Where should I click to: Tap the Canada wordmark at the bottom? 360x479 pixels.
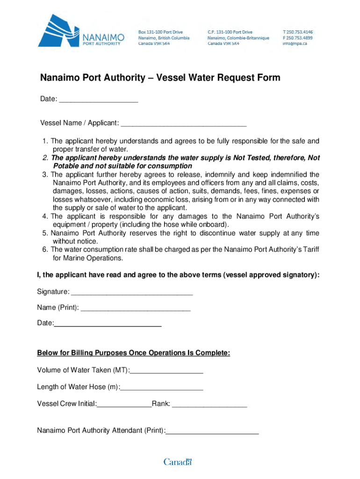178,462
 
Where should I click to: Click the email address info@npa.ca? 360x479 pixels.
295,44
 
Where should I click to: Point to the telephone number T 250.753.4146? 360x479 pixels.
298,32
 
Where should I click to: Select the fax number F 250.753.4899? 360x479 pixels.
298,38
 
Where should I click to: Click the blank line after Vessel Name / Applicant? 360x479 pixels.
183,124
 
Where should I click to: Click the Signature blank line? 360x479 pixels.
131,293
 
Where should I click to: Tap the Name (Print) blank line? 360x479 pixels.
136,308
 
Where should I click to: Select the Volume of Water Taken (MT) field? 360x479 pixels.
166,371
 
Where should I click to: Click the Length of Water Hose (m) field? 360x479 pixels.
162,387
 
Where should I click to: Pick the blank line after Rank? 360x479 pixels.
209,404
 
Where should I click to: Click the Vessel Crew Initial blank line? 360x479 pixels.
124,404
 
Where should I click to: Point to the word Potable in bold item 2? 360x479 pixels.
65,166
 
